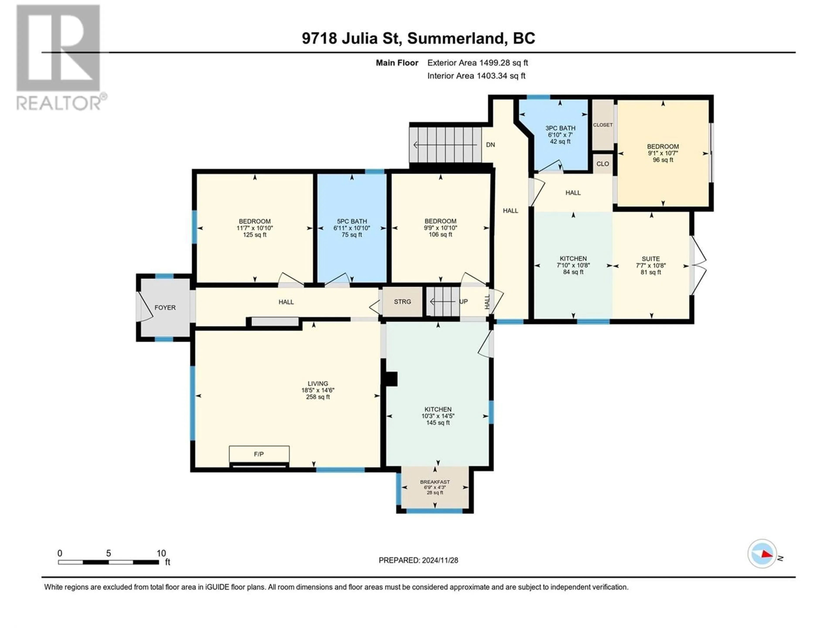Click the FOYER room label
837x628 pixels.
tap(165, 308)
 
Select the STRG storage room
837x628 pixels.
tap(402, 302)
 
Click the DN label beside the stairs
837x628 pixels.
tap(490, 145)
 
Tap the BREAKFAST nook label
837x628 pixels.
tap(435, 482)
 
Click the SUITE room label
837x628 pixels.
tap(651, 259)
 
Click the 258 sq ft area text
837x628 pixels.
tap(318, 397)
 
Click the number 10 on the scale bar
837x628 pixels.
tap(161, 553)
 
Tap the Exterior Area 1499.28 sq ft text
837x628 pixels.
tap(478, 63)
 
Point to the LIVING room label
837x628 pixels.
tap(318, 384)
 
